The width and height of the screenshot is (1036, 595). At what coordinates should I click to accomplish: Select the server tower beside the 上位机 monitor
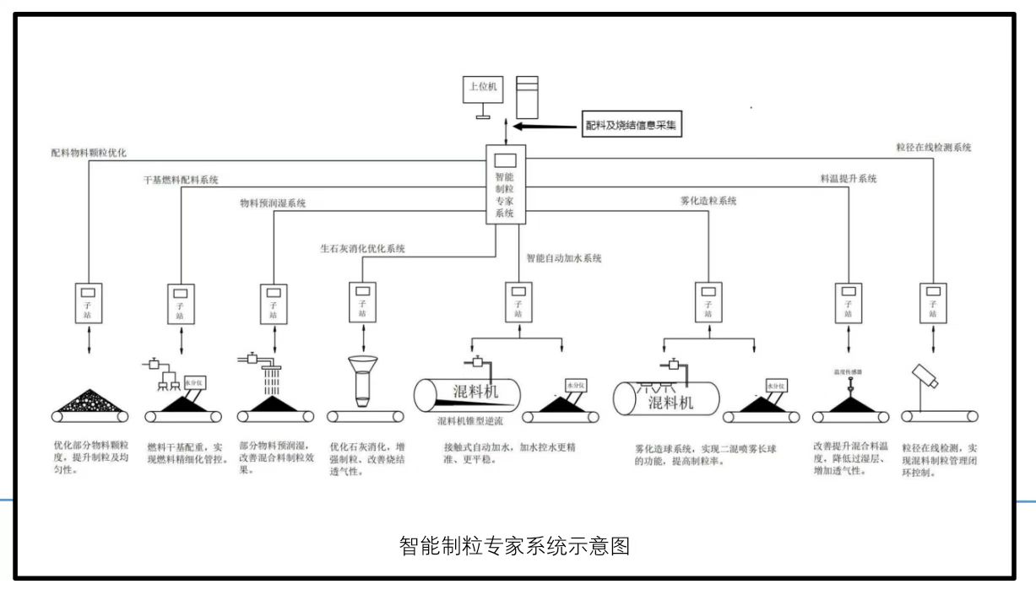(x=527, y=96)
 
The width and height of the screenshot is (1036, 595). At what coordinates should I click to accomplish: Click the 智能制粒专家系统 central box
(x=505, y=183)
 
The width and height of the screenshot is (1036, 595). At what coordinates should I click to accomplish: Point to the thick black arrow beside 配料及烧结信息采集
(x=548, y=127)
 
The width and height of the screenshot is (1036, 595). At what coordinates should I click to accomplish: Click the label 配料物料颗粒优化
(x=88, y=154)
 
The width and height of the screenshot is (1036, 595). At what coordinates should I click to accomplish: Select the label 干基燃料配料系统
(x=181, y=180)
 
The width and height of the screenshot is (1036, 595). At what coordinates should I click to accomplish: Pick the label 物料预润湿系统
(x=273, y=203)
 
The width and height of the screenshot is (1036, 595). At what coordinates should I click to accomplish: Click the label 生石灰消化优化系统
(x=362, y=249)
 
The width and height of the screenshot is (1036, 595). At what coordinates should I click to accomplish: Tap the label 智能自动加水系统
(x=564, y=259)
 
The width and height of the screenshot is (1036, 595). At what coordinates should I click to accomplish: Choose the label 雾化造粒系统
(x=708, y=202)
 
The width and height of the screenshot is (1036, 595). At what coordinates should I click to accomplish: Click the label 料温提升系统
(x=848, y=179)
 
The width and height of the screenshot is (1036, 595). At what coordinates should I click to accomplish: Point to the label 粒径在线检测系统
(x=933, y=147)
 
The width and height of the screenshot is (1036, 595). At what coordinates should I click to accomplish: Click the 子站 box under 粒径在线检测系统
(x=932, y=302)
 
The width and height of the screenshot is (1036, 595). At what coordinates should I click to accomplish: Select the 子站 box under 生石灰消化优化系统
(x=363, y=302)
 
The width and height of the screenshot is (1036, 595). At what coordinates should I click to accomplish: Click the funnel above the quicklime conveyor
(x=363, y=378)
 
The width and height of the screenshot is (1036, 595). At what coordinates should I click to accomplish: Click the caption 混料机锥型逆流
(x=469, y=419)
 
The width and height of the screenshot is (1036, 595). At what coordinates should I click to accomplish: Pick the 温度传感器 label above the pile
(x=848, y=371)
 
